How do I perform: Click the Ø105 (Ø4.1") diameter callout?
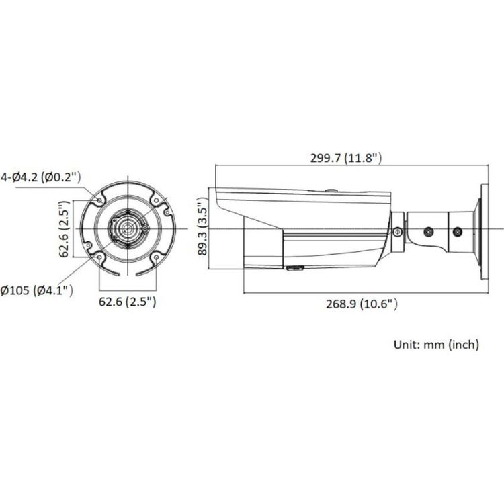tap(37, 290)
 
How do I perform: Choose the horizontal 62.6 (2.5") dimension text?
tap(128, 302)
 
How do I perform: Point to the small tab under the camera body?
tap(294, 269)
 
